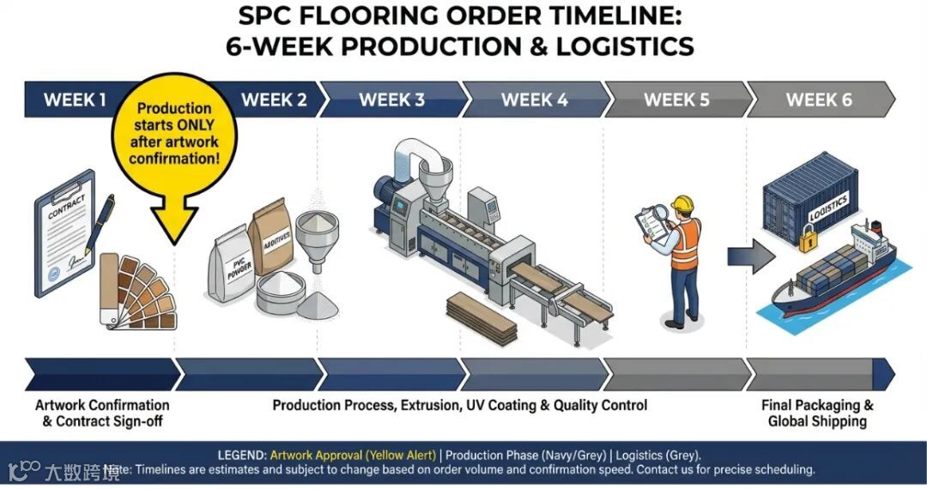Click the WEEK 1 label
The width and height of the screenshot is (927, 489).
(x=76, y=100)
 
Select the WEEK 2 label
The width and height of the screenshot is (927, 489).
(x=274, y=100)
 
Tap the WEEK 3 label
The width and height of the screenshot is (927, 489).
(x=391, y=100)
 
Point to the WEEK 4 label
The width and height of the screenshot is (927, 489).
(x=534, y=100)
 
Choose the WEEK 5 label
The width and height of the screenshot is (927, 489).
(x=676, y=100)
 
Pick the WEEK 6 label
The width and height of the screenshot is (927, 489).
(x=819, y=100)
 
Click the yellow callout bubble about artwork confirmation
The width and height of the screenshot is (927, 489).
(x=174, y=137)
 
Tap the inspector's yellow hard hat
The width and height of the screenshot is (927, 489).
(x=682, y=204)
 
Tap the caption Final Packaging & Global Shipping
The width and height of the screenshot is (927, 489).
(x=817, y=413)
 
